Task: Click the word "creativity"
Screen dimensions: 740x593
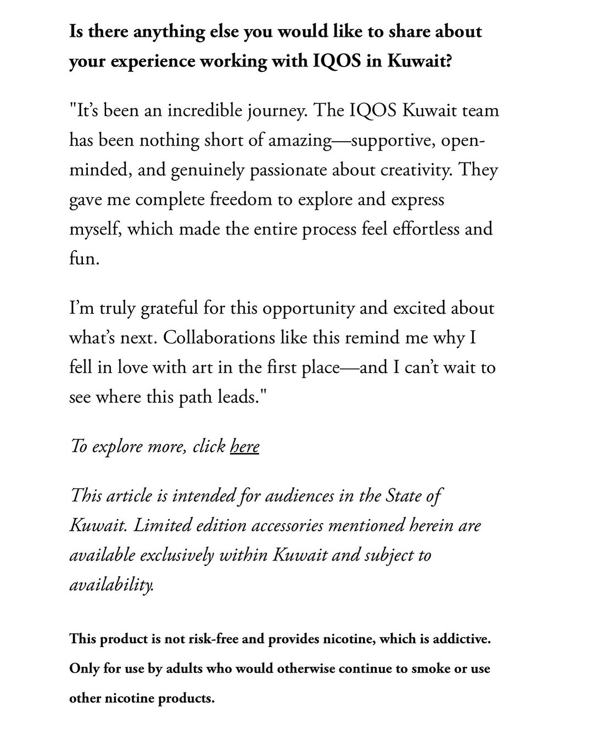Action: pyautogui.click(x=417, y=170)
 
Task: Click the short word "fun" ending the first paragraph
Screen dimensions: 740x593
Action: pyautogui.click(x=83, y=258)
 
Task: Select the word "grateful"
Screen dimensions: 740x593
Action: pyautogui.click(x=169, y=308)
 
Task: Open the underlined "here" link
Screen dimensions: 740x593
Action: pyautogui.click(x=244, y=447)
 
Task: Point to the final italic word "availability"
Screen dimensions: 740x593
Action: pyautogui.click(x=111, y=585)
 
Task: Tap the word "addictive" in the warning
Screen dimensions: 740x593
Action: pyautogui.click(x=461, y=639)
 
